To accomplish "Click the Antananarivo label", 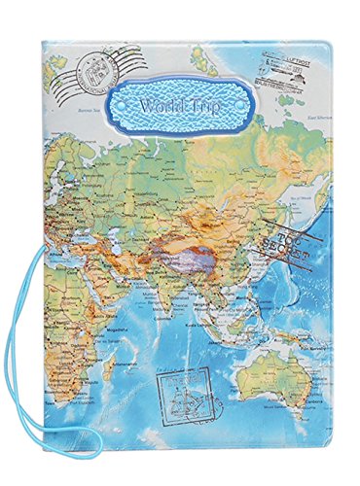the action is pos(108,393).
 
